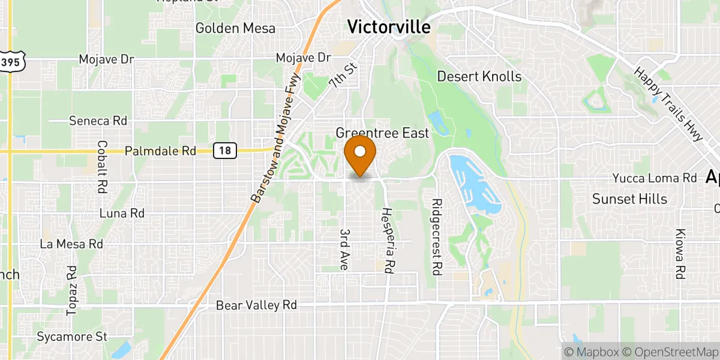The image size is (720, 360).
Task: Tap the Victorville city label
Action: coord(389,27)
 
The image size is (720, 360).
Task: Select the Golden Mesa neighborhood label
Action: coord(235,28)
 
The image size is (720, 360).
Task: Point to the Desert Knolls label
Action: coord(479,76)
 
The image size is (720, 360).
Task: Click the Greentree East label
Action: coord(382,133)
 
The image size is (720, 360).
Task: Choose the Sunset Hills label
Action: coord(629,199)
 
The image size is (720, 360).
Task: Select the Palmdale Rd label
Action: coord(160,152)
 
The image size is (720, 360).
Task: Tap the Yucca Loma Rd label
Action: coord(655,178)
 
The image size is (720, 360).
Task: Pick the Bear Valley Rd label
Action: coord(256,305)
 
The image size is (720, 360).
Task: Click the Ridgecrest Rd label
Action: coord(437,237)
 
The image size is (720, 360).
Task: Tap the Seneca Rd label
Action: coord(98,121)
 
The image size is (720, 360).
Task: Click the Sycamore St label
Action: coord(72,337)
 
